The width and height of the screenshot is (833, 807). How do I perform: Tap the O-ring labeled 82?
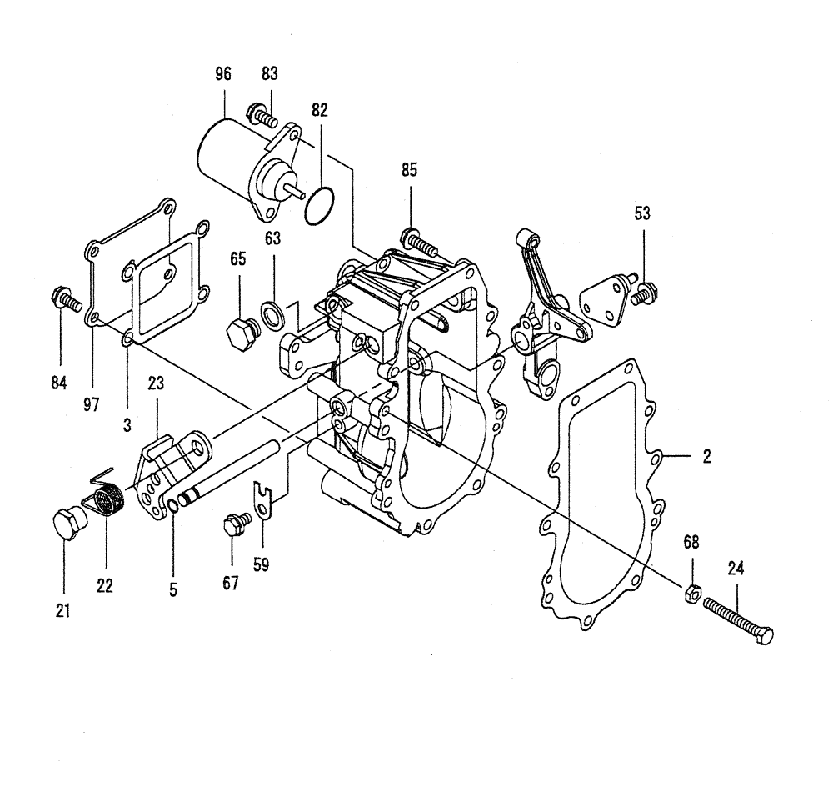point(319,205)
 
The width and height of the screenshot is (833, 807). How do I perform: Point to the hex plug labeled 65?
point(240,332)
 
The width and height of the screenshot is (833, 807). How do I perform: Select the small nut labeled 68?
point(691,594)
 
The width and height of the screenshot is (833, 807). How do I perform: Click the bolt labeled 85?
point(416,243)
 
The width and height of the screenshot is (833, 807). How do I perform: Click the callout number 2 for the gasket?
point(706,457)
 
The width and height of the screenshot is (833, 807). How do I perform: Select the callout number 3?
point(127,424)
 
